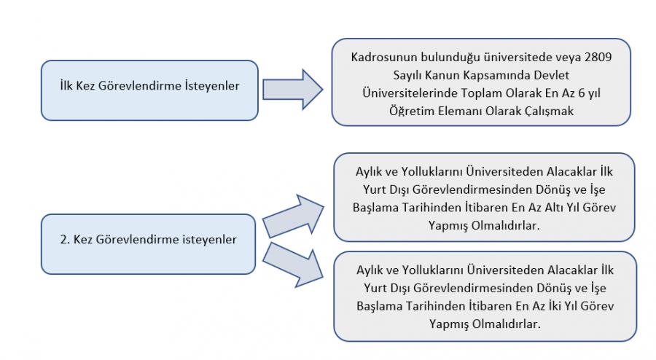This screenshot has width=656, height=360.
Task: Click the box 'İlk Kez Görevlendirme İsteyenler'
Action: coord(149,90)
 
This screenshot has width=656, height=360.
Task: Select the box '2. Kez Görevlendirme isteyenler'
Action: coord(148,244)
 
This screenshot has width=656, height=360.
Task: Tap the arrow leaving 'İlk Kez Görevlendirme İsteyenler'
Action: coord(292,90)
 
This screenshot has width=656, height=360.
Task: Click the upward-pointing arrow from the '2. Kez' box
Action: coord(293,216)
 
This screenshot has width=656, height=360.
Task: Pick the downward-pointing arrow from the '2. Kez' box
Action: coord(293,265)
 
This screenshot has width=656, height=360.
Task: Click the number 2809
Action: coord(598,57)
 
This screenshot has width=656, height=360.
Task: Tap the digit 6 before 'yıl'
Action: coord(581,93)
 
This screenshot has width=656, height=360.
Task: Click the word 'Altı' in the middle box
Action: coord(555,208)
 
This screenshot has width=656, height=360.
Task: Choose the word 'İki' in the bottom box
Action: coord(555,306)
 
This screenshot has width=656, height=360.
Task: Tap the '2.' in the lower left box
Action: coord(65,240)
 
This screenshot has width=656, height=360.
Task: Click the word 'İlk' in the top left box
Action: coord(66,86)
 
